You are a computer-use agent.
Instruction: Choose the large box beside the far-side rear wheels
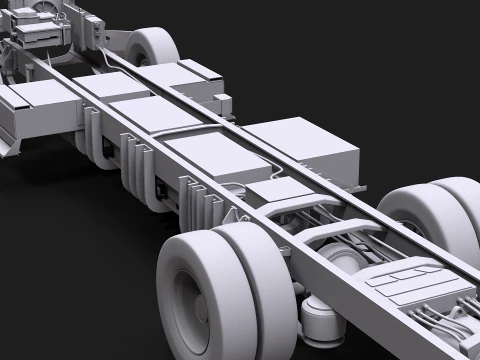click(311, 150)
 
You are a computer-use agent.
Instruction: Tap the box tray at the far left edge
click(30, 110)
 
